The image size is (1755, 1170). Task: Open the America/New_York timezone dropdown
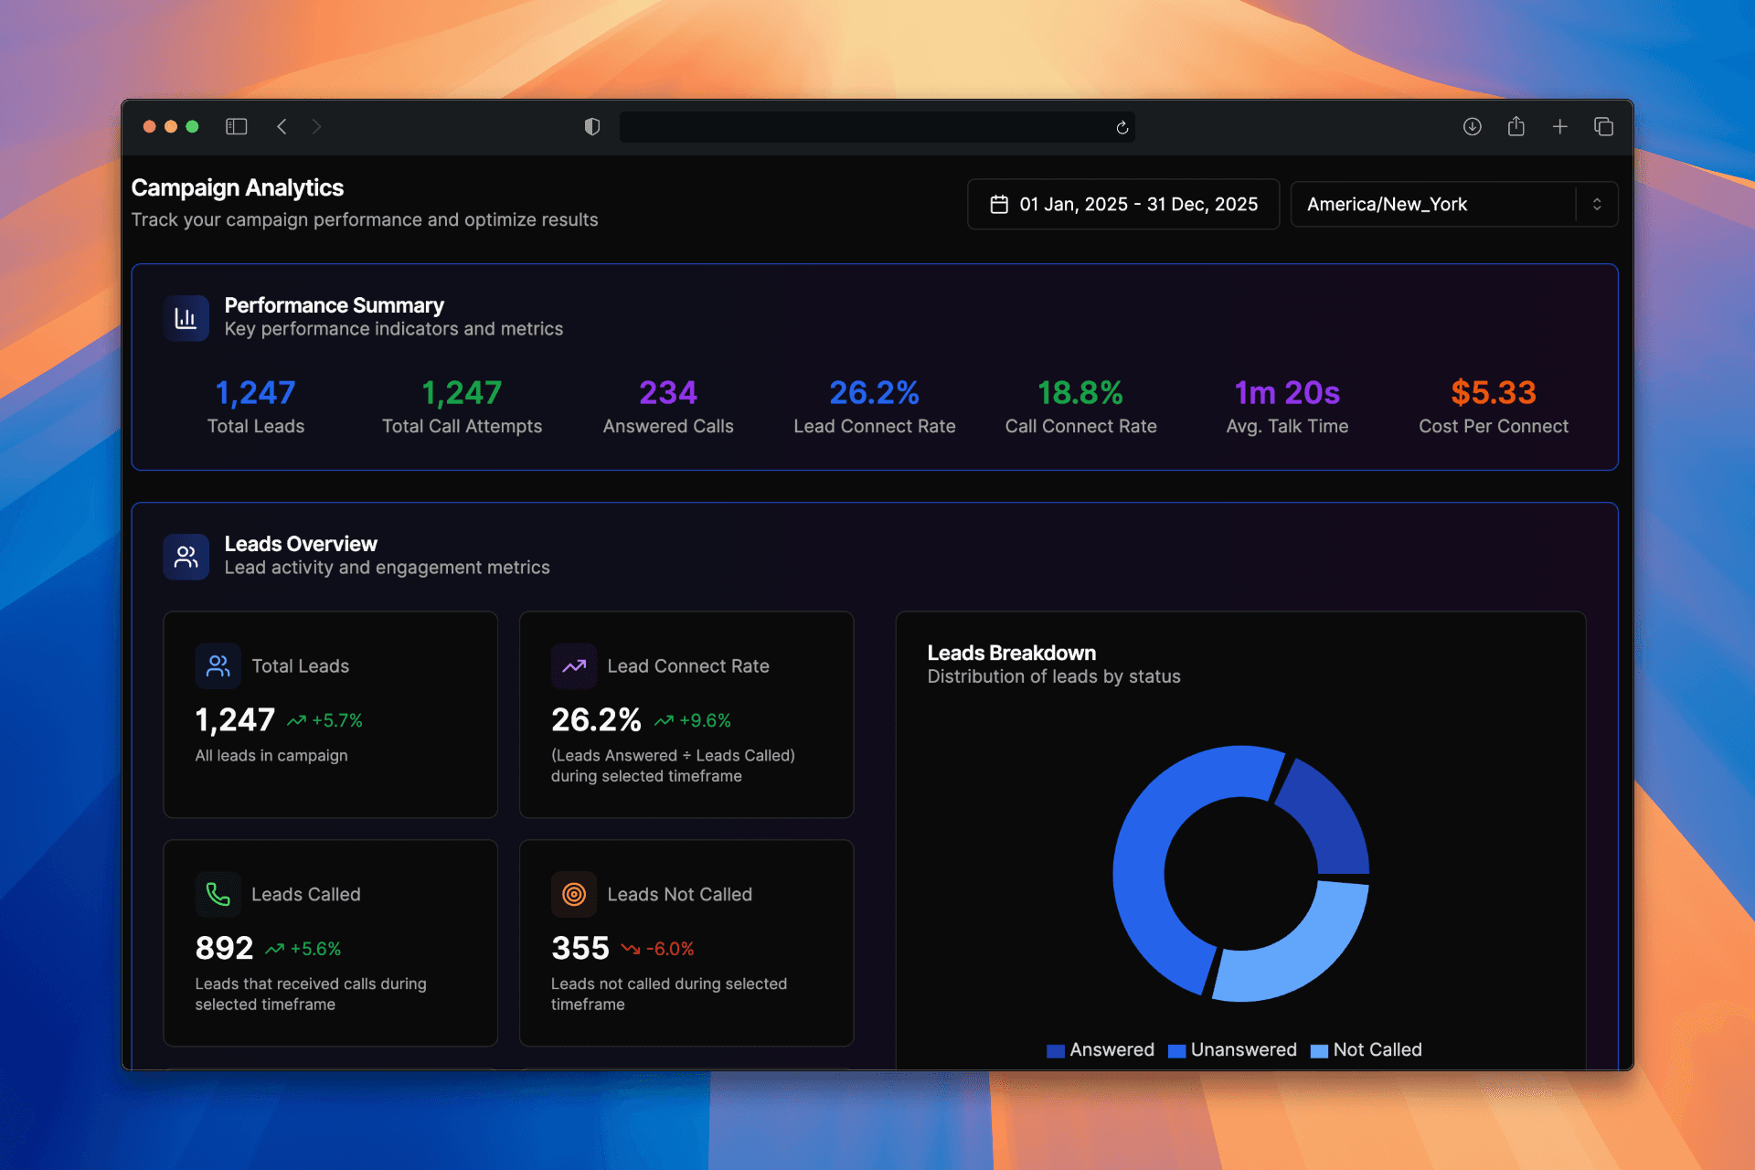pos(1453,204)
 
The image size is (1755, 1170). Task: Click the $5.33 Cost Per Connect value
pos(1493,393)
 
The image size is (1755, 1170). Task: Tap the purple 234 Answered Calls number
pos(667,393)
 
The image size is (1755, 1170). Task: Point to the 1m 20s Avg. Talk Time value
pos(1286,393)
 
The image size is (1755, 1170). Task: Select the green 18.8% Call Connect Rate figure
pos(1080,393)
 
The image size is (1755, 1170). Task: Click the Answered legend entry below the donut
pos(1101,1050)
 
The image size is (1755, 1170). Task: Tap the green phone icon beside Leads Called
pos(218,894)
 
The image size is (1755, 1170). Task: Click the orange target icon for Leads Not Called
pos(574,894)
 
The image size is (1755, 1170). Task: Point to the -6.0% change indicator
pos(659,949)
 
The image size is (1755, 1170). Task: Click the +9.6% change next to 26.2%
pos(694,720)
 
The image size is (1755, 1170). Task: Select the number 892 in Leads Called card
pos(224,948)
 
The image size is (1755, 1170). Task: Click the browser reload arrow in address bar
pos(1122,127)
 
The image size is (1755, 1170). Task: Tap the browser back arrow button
pos(282,126)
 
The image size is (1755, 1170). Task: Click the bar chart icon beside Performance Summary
pos(186,318)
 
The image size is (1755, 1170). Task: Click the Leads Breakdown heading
pos(1011,653)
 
